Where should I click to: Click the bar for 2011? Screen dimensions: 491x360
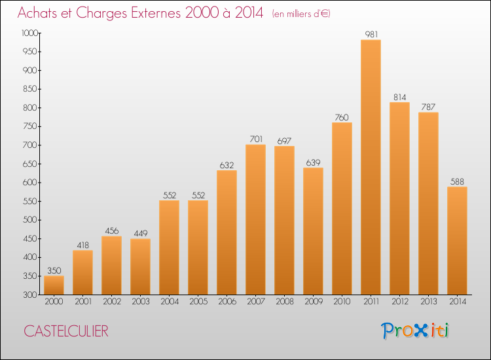[371, 167]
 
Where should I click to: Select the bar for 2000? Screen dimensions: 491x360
[54, 285]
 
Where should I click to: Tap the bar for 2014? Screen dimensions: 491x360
[457, 241]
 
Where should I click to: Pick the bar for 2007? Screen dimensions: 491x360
[255, 219]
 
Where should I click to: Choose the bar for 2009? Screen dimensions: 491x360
[313, 231]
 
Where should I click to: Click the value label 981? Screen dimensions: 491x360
[371, 34]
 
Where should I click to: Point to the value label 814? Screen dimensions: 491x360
[400, 97]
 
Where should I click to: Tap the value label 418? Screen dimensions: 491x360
[83, 245]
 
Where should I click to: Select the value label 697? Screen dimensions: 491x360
[284, 141]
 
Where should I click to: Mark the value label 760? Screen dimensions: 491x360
[342, 117]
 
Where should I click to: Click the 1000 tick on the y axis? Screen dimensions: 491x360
[29, 33]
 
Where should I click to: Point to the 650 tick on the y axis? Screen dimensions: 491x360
[30, 164]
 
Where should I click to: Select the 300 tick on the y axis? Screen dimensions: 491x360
[30, 295]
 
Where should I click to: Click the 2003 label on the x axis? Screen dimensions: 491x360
[141, 302]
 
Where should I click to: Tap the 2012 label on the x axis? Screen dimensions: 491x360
[400, 302]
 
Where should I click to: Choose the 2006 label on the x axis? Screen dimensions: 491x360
[227, 302]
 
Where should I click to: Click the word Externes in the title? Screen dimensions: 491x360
[156, 12]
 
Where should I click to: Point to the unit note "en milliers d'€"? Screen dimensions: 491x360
[301, 14]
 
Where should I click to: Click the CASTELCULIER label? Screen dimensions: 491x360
[66, 331]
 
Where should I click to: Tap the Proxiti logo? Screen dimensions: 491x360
[415, 331]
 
